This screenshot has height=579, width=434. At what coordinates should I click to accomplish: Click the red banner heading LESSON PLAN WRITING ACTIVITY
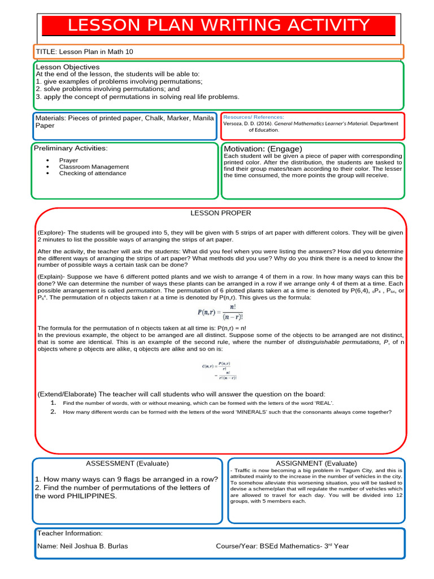[218, 26]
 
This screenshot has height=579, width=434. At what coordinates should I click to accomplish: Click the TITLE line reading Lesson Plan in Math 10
[84, 52]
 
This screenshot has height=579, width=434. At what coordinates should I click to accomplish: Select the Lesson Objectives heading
[67, 67]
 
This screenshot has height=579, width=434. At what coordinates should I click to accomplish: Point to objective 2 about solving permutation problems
[107, 89]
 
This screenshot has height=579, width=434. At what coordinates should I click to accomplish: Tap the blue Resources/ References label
[254, 116]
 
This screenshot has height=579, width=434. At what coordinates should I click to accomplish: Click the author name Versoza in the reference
[235, 123]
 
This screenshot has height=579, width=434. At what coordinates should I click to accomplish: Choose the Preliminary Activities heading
[71, 149]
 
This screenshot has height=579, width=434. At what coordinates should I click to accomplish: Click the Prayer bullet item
[69, 160]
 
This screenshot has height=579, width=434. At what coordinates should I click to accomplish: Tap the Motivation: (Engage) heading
[259, 149]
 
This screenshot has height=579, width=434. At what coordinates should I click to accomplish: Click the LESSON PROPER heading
[220, 213]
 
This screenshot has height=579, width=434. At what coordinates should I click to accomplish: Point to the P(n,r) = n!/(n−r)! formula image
[220, 312]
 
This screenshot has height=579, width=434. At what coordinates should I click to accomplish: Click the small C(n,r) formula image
[220, 370]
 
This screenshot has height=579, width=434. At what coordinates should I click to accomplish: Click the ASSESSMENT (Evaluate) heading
[127, 463]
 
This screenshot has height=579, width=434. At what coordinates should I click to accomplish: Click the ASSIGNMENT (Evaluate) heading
[316, 463]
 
